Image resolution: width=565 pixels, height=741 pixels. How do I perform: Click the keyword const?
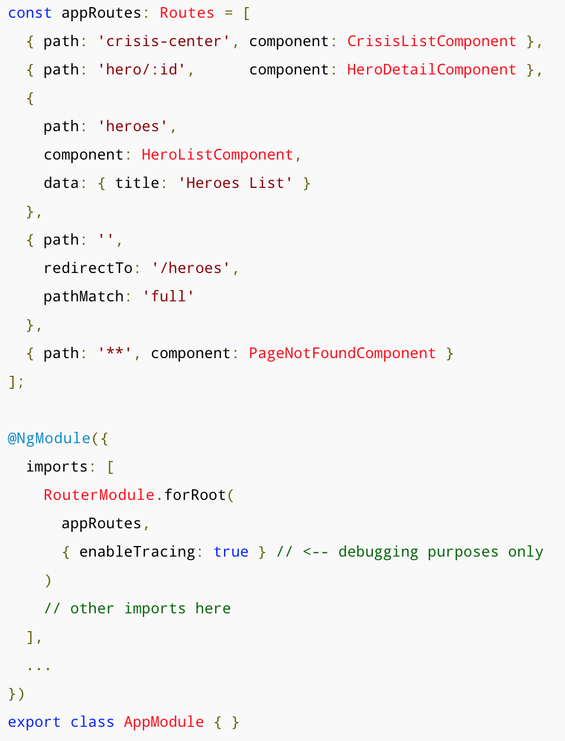30,13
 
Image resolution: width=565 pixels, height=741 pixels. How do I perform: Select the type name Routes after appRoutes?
187,13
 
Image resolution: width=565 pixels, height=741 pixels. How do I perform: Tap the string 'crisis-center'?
164,41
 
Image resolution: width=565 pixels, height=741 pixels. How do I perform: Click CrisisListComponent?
431,41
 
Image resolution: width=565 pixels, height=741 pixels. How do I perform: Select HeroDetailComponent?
431,70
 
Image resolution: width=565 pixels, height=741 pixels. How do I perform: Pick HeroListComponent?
217,155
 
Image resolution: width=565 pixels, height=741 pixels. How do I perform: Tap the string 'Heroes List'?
235,183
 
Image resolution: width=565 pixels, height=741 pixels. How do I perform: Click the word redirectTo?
88,268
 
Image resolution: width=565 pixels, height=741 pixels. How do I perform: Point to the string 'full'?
168,297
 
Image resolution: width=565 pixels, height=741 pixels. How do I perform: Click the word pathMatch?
83,297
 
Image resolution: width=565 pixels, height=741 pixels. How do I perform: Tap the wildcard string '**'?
115,353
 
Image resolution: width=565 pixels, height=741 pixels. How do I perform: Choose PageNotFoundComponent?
342,353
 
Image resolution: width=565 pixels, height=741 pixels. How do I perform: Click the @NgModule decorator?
49,438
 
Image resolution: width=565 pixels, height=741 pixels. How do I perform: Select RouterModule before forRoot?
99,495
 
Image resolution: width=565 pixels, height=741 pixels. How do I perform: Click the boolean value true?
231,552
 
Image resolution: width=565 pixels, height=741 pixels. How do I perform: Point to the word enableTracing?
137,552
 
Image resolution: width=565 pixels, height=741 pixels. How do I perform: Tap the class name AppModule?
164,722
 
